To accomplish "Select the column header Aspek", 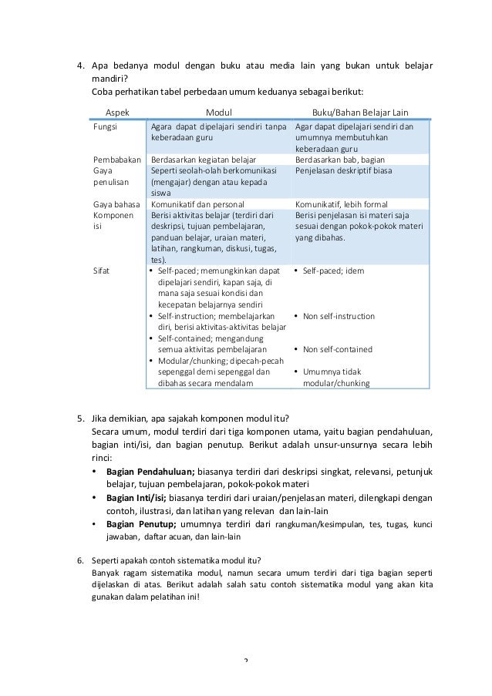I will [118, 111].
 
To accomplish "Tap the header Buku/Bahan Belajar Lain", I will [359, 111].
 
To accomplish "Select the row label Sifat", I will [102, 271].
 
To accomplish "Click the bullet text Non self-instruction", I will [339, 316].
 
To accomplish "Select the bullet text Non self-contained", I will [337, 349].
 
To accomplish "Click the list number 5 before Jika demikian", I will [80, 419].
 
